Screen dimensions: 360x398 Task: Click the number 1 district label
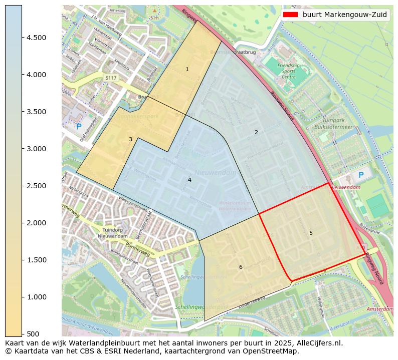[x=187, y=69]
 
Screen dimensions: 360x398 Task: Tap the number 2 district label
[x=256, y=132]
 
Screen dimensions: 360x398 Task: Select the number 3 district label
[x=130, y=139]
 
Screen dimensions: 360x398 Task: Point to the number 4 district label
[x=189, y=180]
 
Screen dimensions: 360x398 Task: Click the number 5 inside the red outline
[x=311, y=233]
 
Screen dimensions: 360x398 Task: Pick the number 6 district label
[x=241, y=267]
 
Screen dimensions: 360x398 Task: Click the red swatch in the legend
[x=290, y=15]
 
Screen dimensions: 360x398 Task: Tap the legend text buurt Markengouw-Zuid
[x=344, y=15]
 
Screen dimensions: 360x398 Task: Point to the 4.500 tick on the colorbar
[x=36, y=38]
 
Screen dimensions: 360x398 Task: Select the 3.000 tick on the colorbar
[x=36, y=149]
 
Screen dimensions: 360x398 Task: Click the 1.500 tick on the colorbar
[x=36, y=260]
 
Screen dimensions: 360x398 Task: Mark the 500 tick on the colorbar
[x=32, y=334]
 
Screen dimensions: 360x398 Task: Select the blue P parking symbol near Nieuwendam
[x=360, y=175]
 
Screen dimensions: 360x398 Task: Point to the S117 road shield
[x=111, y=78]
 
